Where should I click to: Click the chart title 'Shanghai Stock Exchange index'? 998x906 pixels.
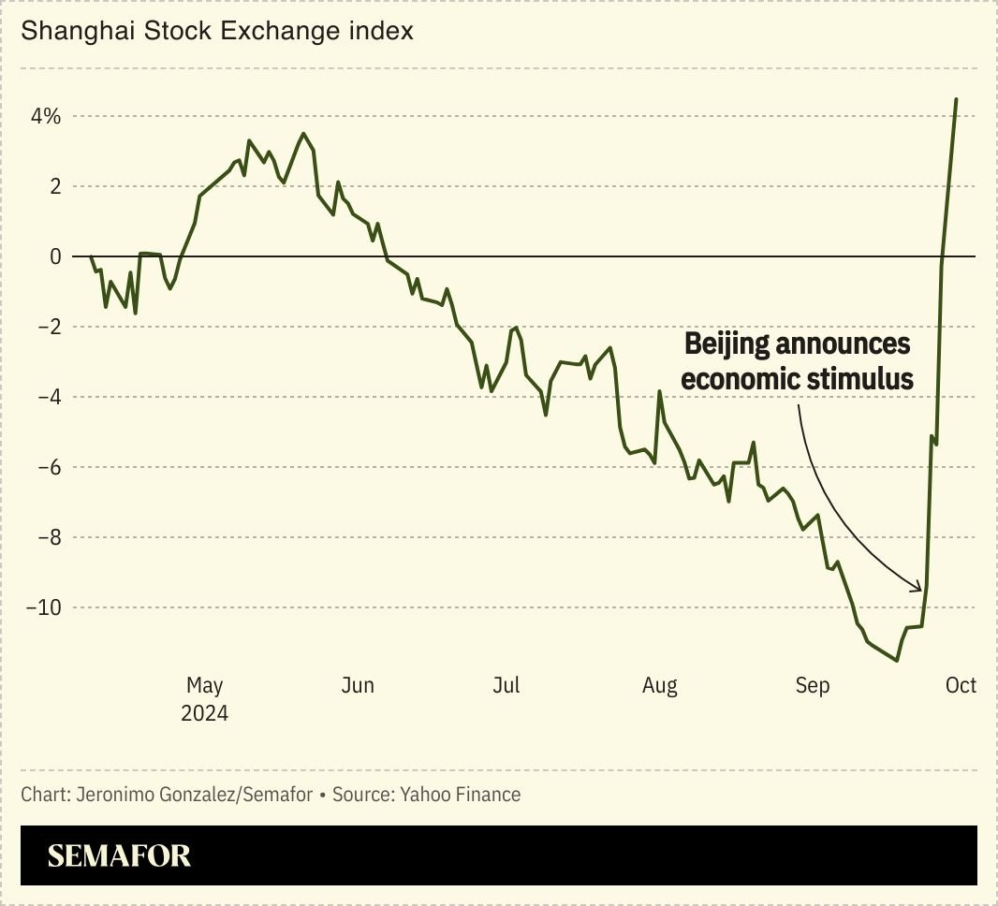[x=217, y=32]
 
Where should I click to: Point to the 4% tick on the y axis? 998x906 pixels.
[x=45, y=117]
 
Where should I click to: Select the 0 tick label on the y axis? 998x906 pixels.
[x=55, y=256]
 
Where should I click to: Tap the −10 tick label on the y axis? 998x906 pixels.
[x=43, y=607]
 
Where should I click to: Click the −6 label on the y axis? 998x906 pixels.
[x=49, y=467]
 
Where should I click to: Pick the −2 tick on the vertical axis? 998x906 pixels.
[x=49, y=327]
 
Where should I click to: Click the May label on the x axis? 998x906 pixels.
[x=205, y=686]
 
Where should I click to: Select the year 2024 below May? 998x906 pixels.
[x=205, y=713]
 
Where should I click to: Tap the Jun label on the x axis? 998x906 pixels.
[x=358, y=686]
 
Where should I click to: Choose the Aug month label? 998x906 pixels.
[x=660, y=686]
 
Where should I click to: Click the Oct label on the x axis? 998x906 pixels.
[x=961, y=686]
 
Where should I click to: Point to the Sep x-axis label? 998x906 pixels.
[x=813, y=686]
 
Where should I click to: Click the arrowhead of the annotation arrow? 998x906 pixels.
[x=919, y=589]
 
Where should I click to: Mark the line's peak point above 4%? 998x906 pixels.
[x=956, y=98]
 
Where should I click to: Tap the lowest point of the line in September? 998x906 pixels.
[x=897, y=661]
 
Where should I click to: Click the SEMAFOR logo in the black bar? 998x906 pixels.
[x=119, y=855]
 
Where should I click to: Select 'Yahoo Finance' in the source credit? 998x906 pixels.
[x=461, y=795]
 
